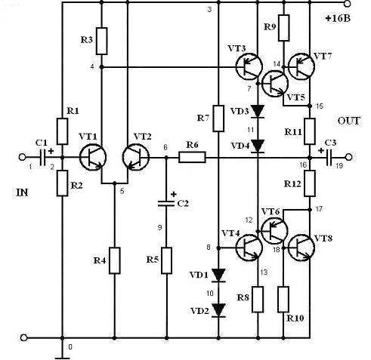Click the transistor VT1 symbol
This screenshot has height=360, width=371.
pos(93,157)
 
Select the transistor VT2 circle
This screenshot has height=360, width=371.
pos(136,157)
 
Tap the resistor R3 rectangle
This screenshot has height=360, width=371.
pos(102,41)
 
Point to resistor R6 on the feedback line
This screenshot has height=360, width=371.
pos(192,157)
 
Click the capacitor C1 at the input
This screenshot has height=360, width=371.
pos(42,157)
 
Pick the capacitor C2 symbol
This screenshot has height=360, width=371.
pos(166,204)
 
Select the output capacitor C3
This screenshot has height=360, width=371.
pos(329,157)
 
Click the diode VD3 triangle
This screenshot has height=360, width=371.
pos(258,112)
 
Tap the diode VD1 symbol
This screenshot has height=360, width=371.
pos(218,275)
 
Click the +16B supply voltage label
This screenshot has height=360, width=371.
pos(338,18)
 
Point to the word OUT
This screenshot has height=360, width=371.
pos(349,122)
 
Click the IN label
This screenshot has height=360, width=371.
pos(22,192)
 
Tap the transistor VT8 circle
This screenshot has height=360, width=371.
pos(301,248)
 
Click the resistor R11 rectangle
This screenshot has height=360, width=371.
pos(310,131)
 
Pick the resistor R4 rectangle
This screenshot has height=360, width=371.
pos(115,260)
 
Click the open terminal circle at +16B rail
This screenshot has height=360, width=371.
pos(348,3)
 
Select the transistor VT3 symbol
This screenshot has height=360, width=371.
pos(249,66)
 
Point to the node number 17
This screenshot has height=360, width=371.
pos(319,209)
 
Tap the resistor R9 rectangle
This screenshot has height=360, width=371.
pos(284,28)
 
